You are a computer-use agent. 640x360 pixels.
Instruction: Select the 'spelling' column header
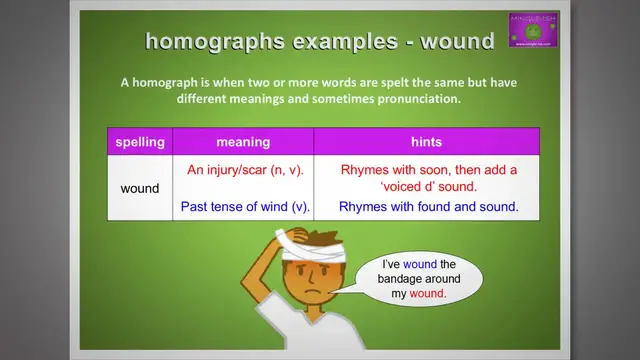click(x=140, y=142)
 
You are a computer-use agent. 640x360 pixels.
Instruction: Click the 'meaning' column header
click(x=243, y=142)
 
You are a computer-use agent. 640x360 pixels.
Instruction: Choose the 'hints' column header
click(x=427, y=142)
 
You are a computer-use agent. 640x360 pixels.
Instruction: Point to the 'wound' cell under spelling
click(x=140, y=188)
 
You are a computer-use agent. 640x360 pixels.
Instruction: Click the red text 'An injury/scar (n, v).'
click(x=245, y=169)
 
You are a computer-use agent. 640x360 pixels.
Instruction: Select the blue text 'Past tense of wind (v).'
click(x=245, y=207)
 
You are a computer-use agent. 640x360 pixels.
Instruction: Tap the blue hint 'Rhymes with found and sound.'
click(x=428, y=207)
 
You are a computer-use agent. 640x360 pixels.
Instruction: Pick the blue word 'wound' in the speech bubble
click(x=420, y=264)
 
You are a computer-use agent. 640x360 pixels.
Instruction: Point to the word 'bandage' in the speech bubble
click(x=402, y=280)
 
